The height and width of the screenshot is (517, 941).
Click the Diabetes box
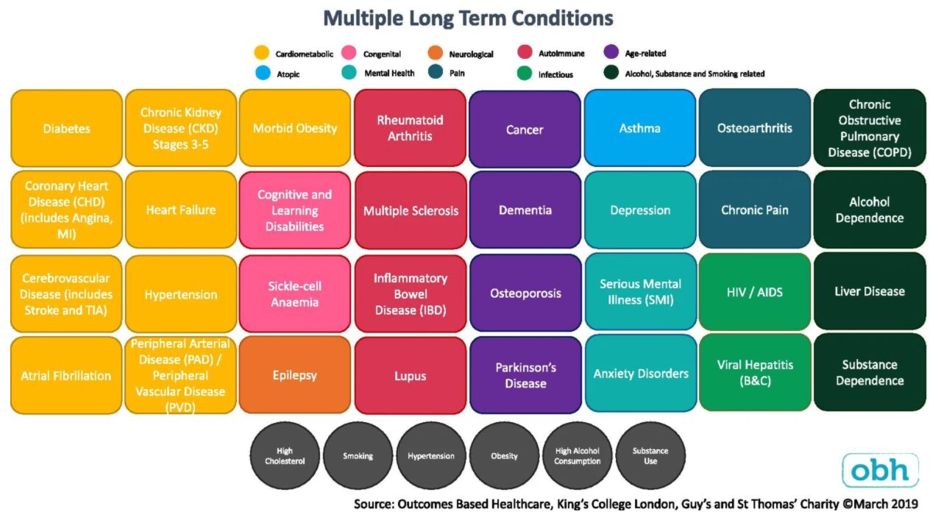(x=66, y=128)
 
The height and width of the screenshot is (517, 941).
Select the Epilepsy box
(x=294, y=375)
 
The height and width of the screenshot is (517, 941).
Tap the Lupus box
(x=410, y=375)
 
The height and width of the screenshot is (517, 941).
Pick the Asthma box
(x=639, y=128)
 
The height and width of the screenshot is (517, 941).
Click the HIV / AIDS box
(x=754, y=292)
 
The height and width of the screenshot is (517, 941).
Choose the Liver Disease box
(x=869, y=291)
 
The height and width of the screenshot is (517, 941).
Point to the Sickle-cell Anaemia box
(x=294, y=293)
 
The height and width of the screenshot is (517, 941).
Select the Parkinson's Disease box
(x=525, y=375)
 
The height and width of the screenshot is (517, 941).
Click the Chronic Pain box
(x=754, y=210)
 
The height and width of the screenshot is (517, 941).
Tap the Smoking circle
(x=358, y=456)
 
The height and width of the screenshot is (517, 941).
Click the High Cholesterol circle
(x=285, y=456)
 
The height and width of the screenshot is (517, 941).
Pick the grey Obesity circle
(x=504, y=456)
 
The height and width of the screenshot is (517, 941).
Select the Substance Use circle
(x=650, y=456)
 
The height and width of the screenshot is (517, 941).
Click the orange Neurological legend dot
(x=436, y=53)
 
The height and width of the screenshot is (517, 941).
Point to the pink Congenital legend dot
(x=349, y=53)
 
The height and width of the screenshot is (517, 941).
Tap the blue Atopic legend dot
(x=262, y=73)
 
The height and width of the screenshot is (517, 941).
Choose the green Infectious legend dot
(x=525, y=73)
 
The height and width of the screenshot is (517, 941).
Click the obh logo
(x=880, y=470)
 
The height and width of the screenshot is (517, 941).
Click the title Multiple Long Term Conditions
(x=468, y=18)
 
